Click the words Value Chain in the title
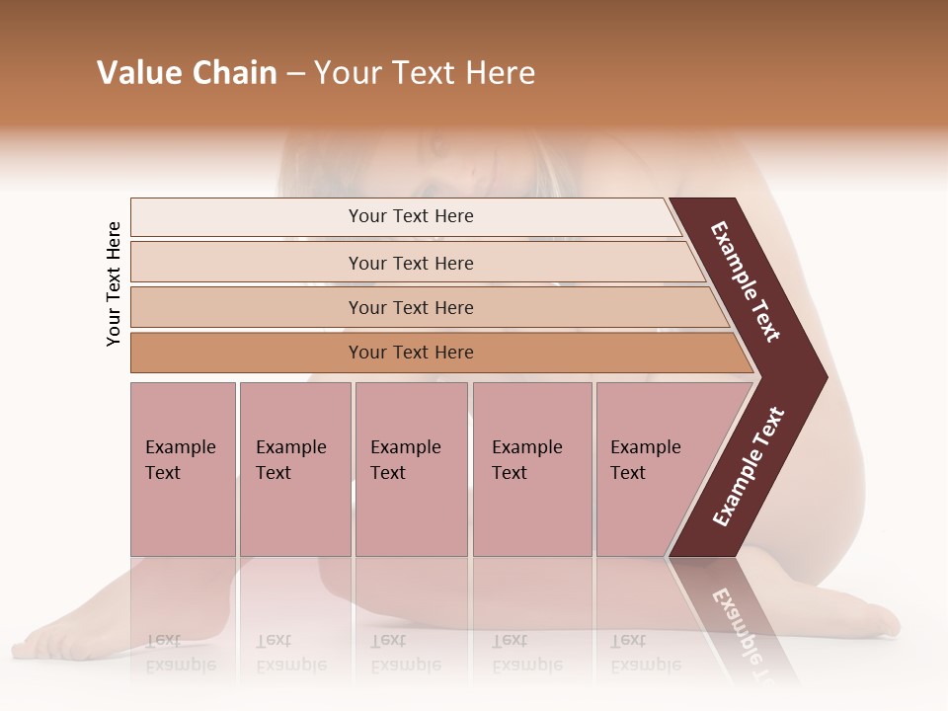[x=187, y=73]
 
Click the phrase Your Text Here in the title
[x=425, y=73]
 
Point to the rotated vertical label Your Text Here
[x=114, y=284]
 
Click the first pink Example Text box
[x=183, y=469]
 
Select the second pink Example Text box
[x=294, y=469]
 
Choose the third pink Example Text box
[x=410, y=469]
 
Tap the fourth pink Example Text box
[x=531, y=469]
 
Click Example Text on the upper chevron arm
[x=746, y=281]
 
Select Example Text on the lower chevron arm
[x=749, y=466]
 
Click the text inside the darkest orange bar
[x=411, y=353]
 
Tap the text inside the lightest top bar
[x=411, y=216]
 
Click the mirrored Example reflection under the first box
[x=180, y=664]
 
